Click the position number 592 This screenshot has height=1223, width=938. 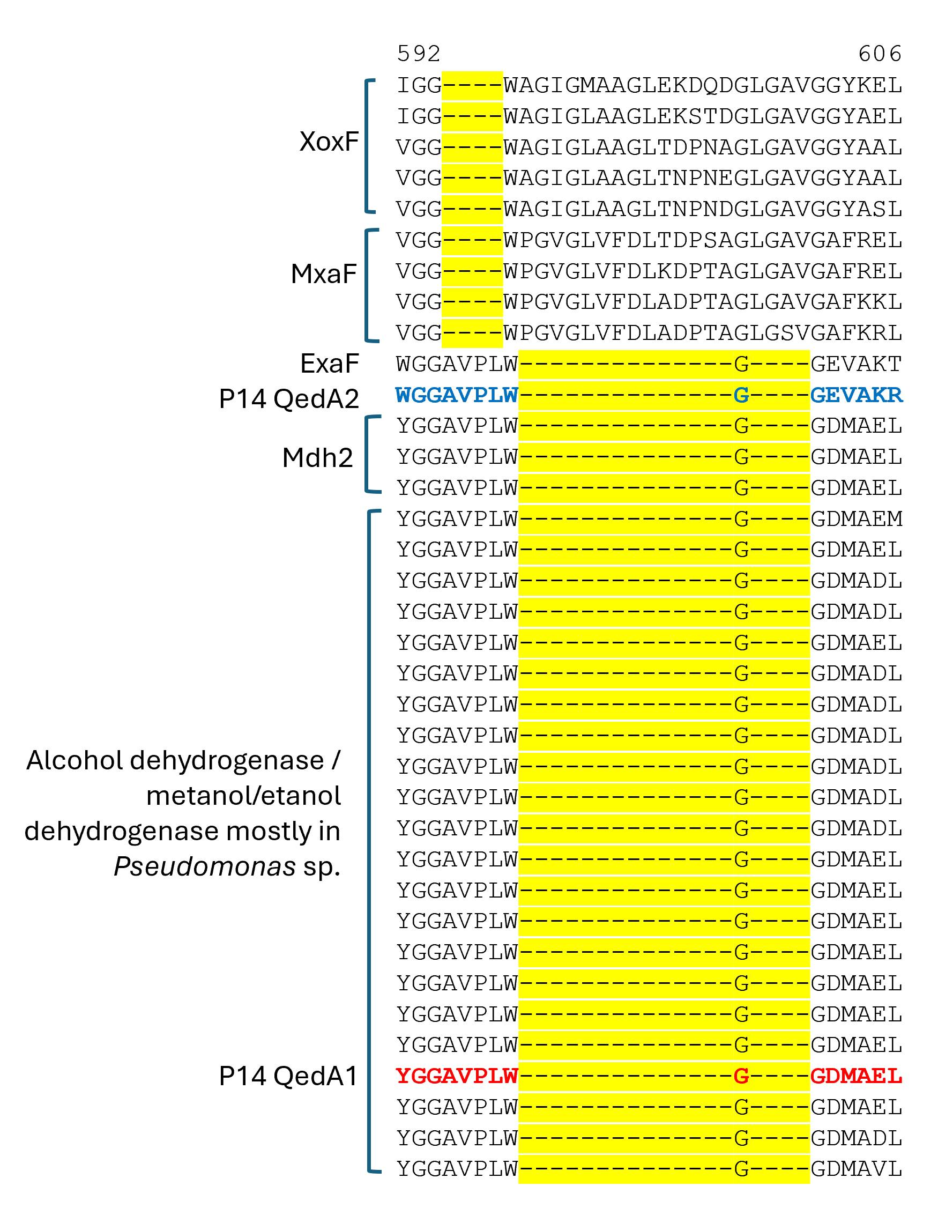click(419, 54)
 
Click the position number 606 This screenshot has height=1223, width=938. click(880, 54)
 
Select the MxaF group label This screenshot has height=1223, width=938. click(324, 274)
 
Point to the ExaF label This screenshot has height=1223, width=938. click(330, 364)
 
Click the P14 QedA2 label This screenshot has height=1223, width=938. click(289, 399)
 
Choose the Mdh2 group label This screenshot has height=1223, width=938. click(318, 458)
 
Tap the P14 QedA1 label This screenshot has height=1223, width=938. click(289, 1076)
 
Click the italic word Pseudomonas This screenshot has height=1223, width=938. click(204, 866)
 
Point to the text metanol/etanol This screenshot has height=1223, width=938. click(243, 796)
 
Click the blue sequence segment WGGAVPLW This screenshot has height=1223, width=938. click(457, 395)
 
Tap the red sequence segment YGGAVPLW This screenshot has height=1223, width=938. click(457, 1076)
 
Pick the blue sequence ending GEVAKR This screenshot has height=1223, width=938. click(857, 395)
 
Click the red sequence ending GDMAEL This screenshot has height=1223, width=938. click(857, 1076)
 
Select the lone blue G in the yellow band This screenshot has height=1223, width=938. click(741, 395)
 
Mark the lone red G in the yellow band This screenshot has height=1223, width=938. click(741, 1076)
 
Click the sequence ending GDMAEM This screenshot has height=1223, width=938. click(857, 519)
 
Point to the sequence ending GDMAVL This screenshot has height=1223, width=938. click(857, 1168)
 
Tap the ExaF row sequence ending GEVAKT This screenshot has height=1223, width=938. click(857, 364)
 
